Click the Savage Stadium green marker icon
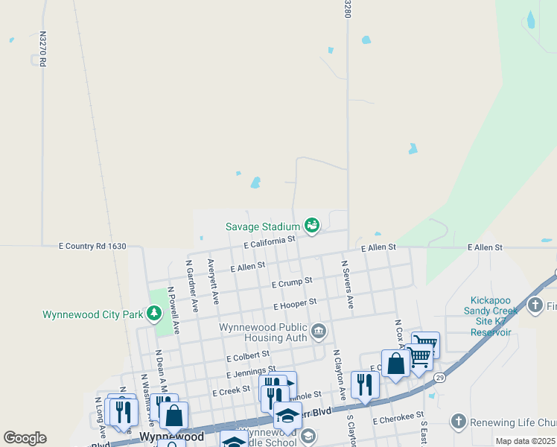pyautogui.click(x=312, y=224)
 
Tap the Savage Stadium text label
pyautogui.click(x=263, y=226)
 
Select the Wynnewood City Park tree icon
pyautogui.click(x=155, y=314)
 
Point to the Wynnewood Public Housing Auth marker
pyautogui.click(x=319, y=331)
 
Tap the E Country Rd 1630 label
pyautogui.click(x=93, y=246)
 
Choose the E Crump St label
pyautogui.click(x=291, y=283)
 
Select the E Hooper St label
pyautogui.click(x=295, y=304)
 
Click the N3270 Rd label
pyautogui.click(x=43, y=49)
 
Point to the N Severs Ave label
pyautogui.click(x=347, y=285)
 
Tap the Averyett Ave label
pyautogui.click(x=214, y=282)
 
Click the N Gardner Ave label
pyautogui.click(x=192, y=285)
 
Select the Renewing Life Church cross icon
pyautogui.click(x=458, y=422)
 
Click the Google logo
pyautogui.click(x=25, y=438)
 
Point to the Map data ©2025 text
pyautogui.click(x=525, y=442)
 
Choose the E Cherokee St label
pyautogui.click(x=398, y=421)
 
